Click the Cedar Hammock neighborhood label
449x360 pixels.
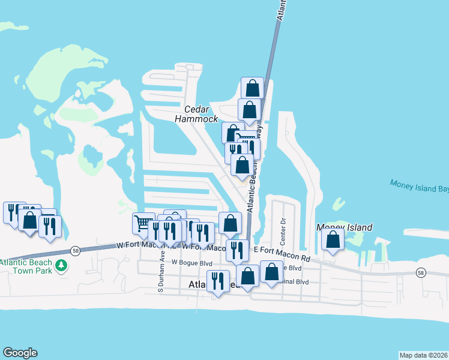(196, 114)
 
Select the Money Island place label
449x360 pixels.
(344, 227)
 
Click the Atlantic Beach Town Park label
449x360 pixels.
(28, 266)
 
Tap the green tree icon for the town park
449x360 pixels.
(61, 265)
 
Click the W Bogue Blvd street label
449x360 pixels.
(192, 262)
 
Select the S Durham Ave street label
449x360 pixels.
(161, 274)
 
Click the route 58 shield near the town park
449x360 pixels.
(74, 251)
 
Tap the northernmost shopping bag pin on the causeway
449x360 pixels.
(253, 88)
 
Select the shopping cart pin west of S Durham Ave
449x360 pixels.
(143, 224)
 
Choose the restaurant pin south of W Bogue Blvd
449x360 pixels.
(217, 281)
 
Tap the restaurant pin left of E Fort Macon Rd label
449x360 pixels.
(237, 250)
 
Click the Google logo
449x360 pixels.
(20, 353)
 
